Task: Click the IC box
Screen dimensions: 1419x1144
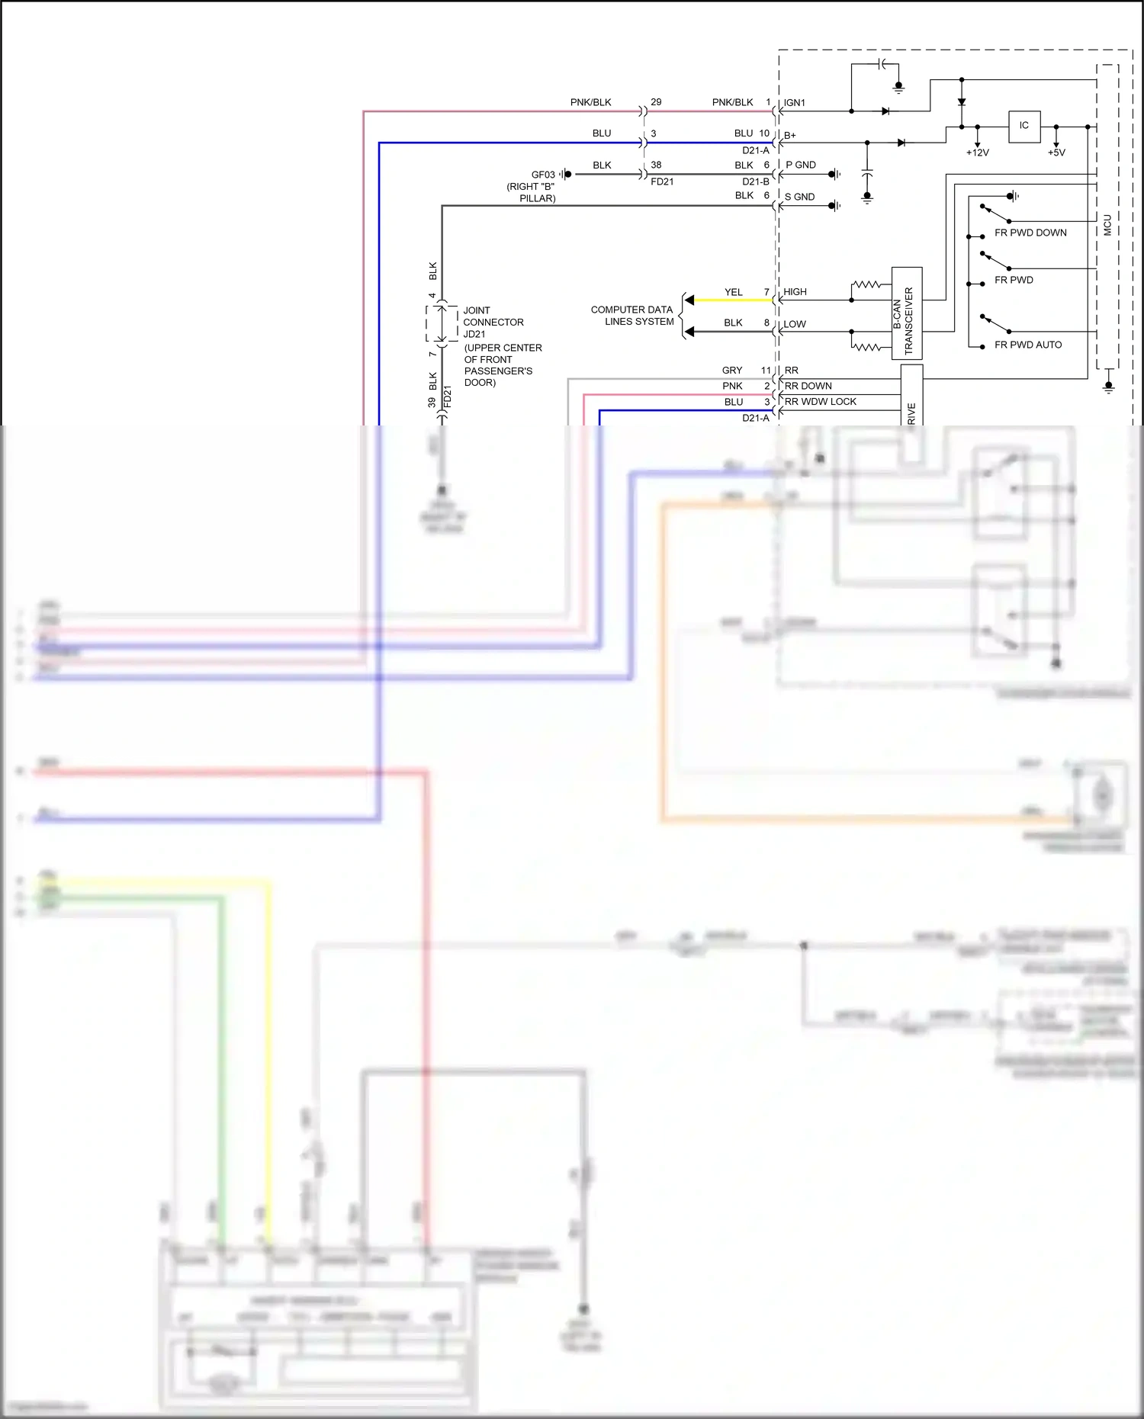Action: (x=1023, y=126)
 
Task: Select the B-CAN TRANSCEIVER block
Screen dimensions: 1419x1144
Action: (x=906, y=313)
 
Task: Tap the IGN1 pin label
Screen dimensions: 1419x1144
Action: (x=795, y=103)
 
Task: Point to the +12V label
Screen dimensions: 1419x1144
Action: (x=977, y=152)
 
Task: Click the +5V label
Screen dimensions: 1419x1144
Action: (x=1056, y=152)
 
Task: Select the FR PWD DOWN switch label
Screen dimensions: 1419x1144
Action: (x=1030, y=233)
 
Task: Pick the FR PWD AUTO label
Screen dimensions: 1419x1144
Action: (x=1027, y=345)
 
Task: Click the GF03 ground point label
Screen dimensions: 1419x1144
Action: (x=543, y=175)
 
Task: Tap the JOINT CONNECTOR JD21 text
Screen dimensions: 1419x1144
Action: (x=493, y=322)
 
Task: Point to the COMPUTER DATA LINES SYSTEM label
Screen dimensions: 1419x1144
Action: (x=632, y=316)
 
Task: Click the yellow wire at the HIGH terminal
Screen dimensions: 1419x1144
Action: (x=732, y=300)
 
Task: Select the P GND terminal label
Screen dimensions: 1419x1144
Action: (x=801, y=165)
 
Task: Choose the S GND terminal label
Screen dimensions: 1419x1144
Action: (x=799, y=197)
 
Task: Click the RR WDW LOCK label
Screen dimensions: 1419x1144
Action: (x=820, y=402)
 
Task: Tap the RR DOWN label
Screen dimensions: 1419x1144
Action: (x=808, y=386)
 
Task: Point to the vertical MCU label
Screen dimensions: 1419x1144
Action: (x=1107, y=225)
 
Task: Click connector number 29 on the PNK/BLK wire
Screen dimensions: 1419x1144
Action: (x=656, y=102)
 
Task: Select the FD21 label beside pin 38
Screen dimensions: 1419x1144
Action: (x=662, y=182)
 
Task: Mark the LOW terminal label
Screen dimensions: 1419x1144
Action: (x=794, y=324)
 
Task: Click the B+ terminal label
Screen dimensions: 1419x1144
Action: (x=789, y=136)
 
